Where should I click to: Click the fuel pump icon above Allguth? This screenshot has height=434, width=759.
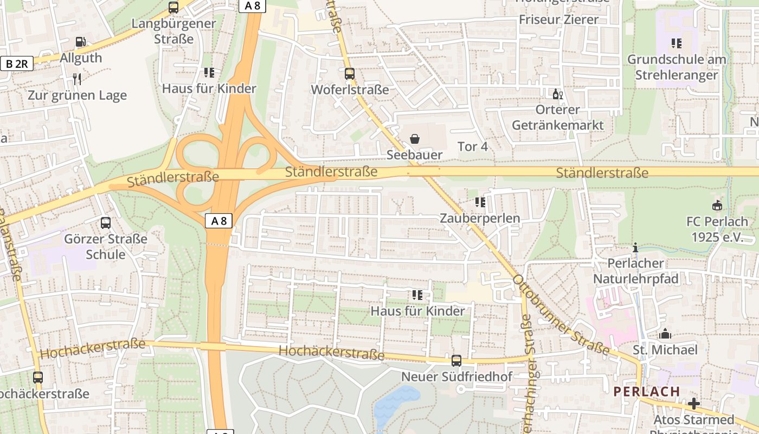[x=80, y=42]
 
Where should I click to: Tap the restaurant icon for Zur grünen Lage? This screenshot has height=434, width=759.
[x=77, y=79]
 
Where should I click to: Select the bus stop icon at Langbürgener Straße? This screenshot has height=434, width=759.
[x=173, y=8]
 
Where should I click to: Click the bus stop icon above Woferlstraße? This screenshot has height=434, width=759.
[x=350, y=74]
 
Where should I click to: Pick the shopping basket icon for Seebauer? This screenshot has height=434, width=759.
[x=415, y=139]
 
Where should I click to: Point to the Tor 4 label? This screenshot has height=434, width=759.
[x=473, y=146]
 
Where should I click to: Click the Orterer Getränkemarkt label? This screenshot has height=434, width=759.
[x=557, y=117]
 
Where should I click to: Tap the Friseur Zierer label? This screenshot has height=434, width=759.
[x=558, y=20]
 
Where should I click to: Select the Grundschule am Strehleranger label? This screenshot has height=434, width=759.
[x=676, y=67]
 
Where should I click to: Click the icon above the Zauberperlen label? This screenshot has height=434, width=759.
[x=480, y=202]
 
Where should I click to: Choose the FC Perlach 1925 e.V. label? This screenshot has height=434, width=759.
[x=717, y=229]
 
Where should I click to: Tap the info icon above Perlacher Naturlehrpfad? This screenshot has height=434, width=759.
[x=635, y=248]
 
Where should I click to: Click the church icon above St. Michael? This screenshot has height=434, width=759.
[x=665, y=334]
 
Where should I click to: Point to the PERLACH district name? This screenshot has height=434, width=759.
[x=646, y=391]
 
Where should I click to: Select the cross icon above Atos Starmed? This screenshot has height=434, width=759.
[x=693, y=404]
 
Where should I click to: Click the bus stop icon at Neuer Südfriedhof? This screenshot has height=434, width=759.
[x=456, y=360]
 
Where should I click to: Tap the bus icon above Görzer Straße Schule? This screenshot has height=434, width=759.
[x=106, y=222]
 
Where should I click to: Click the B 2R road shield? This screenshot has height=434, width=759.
[x=17, y=63]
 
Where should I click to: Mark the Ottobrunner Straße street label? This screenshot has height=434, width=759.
[x=561, y=316]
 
